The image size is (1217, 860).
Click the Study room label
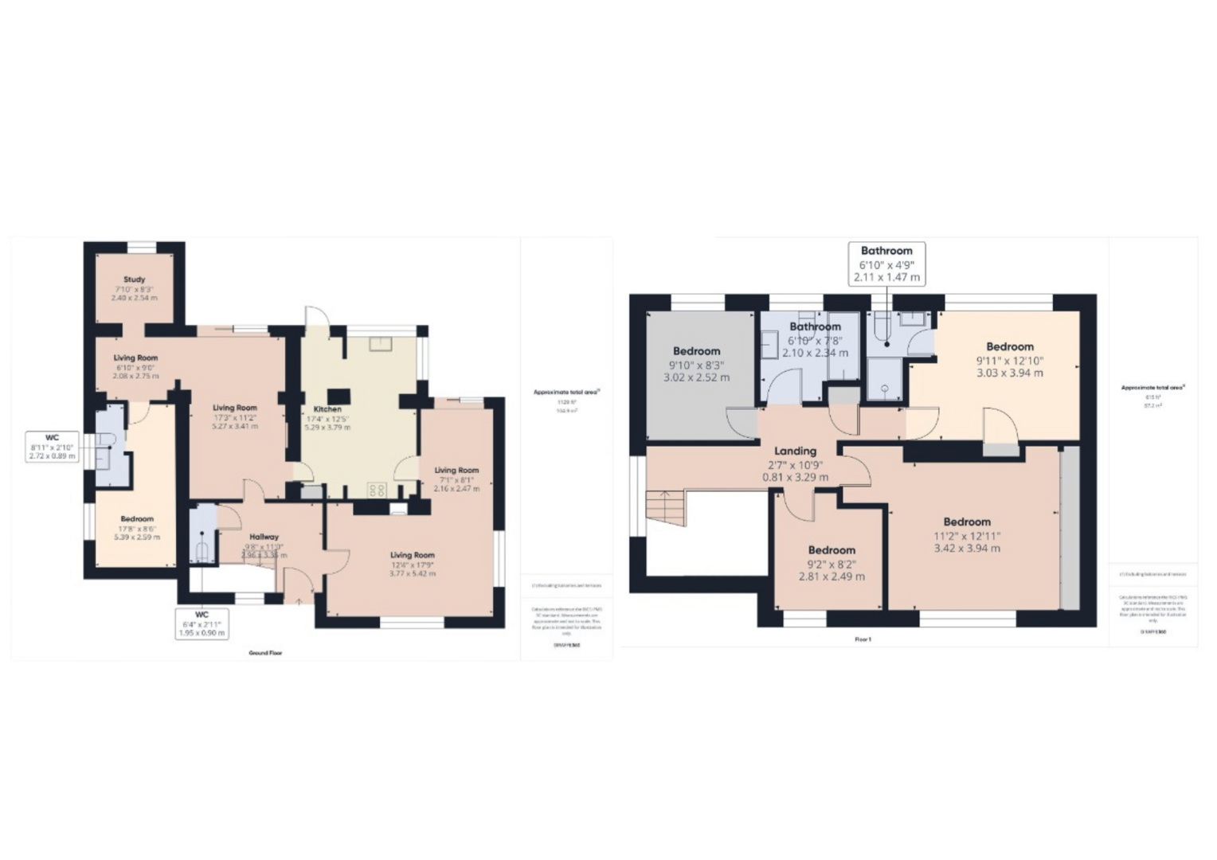coord(134,288)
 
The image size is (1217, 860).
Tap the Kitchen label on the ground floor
coord(327,418)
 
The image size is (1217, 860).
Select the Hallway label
coord(264,545)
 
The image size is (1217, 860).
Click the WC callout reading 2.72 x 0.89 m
coord(52,447)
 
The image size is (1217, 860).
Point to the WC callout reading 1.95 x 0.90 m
coord(202,623)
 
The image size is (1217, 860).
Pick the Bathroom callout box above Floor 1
coord(886,264)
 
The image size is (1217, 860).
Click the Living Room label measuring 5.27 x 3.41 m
coord(234,416)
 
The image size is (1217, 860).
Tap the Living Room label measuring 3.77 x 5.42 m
coord(412,564)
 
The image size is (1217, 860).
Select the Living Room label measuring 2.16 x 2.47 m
coord(456,479)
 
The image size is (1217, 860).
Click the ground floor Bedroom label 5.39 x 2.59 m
coord(137,528)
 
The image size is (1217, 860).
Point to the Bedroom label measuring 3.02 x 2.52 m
coord(696,364)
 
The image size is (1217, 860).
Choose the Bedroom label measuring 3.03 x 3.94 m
coord(1009,359)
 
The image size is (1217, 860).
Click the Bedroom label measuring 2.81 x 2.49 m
coord(832,563)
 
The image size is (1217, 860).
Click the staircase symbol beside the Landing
coord(665,508)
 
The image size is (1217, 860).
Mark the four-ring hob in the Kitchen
coord(376,490)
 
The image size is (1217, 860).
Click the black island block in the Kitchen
coord(340,396)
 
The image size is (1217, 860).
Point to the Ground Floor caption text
coord(265,653)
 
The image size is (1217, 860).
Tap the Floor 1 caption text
coord(863,639)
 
